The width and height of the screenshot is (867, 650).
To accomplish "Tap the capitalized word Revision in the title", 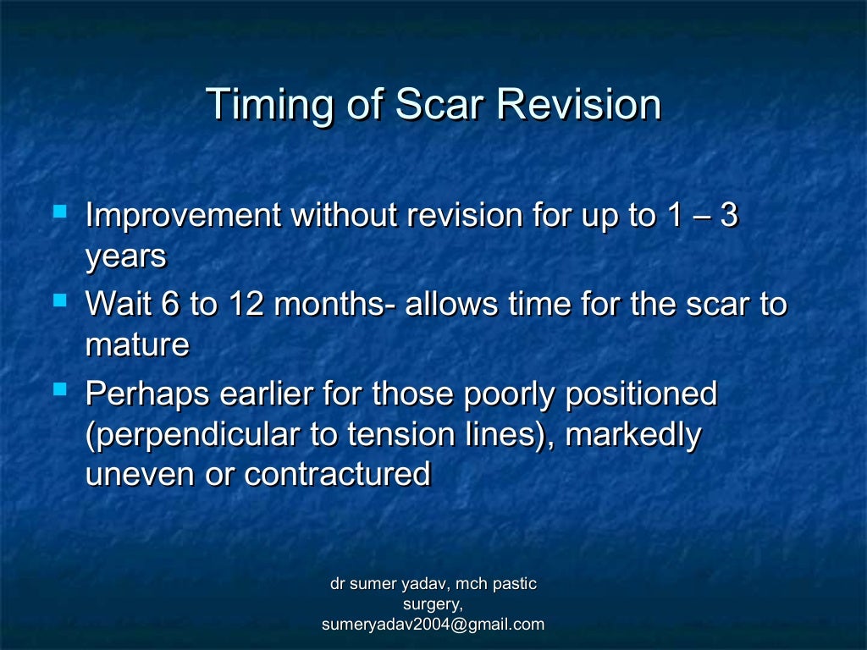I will pyautogui.click(x=577, y=104).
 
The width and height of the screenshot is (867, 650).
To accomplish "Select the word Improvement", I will pyautogui.click(x=184, y=217).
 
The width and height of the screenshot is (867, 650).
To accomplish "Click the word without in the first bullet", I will pyautogui.click(x=345, y=216).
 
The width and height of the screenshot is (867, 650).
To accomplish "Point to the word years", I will pyautogui.click(x=125, y=258).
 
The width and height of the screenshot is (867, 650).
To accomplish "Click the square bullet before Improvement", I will pyautogui.click(x=59, y=208).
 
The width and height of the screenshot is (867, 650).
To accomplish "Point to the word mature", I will pyautogui.click(x=137, y=346).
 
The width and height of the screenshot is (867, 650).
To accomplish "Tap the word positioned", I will pyautogui.click(x=642, y=395).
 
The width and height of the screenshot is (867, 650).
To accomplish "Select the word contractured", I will pyautogui.click(x=338, y=474).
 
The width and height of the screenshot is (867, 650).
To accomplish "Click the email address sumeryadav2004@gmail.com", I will pyautogui.click(x=433, y=625).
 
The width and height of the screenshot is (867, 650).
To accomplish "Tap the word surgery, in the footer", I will pyautogui.click(x=433, y=604).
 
